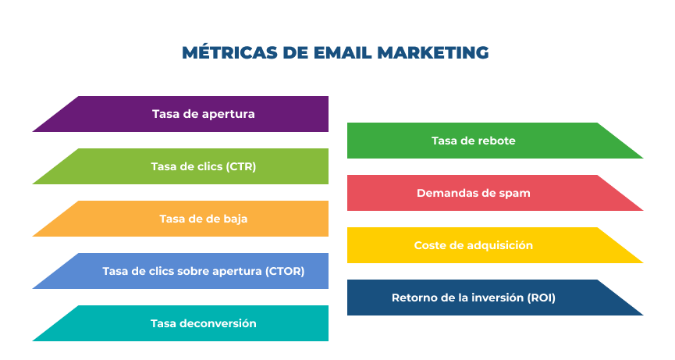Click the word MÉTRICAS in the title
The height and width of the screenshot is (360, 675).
click(x=229, y=52)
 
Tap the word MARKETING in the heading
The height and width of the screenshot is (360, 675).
click(x=432, y=52)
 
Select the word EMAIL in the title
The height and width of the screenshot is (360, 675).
click(x=343, y=52)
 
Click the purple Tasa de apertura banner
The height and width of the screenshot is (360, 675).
click(x=180, y=114)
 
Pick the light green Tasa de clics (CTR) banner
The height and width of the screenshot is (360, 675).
click(x=180, y=166)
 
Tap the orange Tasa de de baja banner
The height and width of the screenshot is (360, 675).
click(x=180, y=219)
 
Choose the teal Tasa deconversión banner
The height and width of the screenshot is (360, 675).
click(x=180, y=323)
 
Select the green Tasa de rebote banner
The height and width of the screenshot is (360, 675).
click(x=495, y=141)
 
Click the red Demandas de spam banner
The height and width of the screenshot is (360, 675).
click(x=495, y=192)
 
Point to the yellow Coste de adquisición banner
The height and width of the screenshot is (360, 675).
click(x=495, y=245)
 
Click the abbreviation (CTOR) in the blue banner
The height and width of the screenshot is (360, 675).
click(x=285, y=271)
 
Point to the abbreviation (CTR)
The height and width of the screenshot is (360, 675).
click(x=240, y=166)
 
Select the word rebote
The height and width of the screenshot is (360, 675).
click(x=496, y=141)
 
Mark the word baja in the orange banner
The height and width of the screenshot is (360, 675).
click(x=236, y=219)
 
